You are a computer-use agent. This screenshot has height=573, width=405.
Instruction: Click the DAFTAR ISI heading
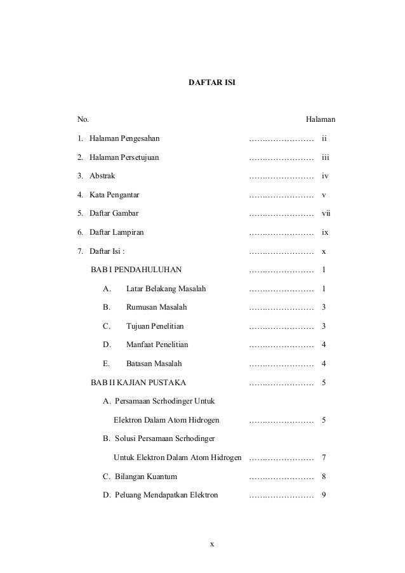(x=212, y=83)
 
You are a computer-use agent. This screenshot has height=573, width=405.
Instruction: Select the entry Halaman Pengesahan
(x=124, y=138)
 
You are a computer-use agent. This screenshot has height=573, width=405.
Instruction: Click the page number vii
(x=326, y=214)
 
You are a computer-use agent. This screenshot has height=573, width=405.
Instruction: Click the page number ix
(x=324, y=233)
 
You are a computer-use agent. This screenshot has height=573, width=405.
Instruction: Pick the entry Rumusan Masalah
(x=157, y=308)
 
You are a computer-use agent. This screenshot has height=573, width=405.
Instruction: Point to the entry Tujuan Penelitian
(x=155, y=326)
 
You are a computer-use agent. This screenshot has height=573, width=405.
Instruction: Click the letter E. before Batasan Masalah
(x=106, y=364)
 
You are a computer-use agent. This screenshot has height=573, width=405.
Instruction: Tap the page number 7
(x=324, y=458)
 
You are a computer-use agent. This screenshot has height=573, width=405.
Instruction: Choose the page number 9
(x=324, y=494)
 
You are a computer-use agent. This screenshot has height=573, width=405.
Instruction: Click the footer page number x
(x=212, y=544)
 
